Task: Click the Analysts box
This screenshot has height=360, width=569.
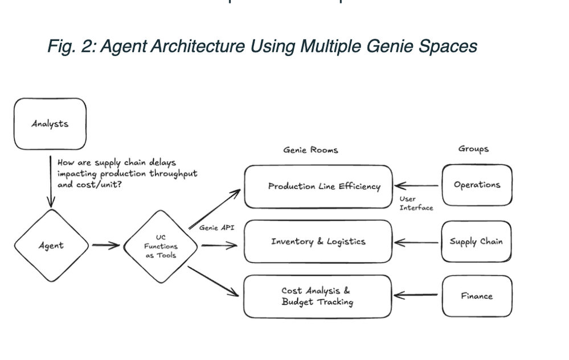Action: pyautogui.click(x=50, y=124)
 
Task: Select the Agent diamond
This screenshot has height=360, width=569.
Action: pyautogui.click(x=51, y=246)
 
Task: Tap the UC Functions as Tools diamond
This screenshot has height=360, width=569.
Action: pyautogui.click(x=161, y=246)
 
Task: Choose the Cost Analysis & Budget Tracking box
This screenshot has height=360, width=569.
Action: pyautogui.click(x=317, y=296)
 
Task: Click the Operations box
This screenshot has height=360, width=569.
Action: pyautogui.click(x=477, y=185)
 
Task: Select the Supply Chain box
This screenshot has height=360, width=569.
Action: pyautogui.click(x=476, y=241)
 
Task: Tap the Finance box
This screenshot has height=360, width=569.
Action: pyautogui.click(x=477, y=296)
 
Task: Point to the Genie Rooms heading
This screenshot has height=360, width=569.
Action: pyautogui.click(x=310, y=150)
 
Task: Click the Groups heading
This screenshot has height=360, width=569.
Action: pyautogui.click(x=473, y=149)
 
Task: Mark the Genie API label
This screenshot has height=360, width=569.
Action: pyautogui.click(x=216, y=228)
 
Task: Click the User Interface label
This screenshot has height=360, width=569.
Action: pyautogui.click(x=416, y=203)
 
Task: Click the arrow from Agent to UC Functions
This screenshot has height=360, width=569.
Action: pyautogui.click(x=106, y=246)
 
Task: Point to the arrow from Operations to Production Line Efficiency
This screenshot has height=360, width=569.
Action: pyautogui.click(x=417, y=185)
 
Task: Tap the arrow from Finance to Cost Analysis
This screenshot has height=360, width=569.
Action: pyautogui.click(x=417, y=296)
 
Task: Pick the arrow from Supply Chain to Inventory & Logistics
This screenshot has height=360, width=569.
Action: pyautogui.click(x=417, y=242)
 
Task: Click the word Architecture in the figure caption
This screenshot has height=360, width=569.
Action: pyautogui.click(x=187, y=45)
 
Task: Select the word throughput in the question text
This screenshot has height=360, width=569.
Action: pyautogui.click(x=173, y=174)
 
